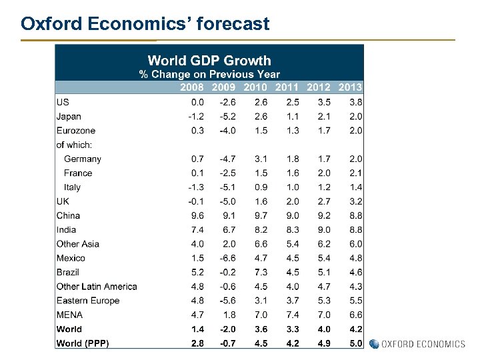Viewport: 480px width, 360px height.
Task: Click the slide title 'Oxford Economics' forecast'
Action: [145, 24]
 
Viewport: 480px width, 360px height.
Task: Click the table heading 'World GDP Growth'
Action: [209, 61]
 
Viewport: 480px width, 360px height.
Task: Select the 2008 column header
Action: [192, 87]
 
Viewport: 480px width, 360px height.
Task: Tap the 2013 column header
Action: [350, 87]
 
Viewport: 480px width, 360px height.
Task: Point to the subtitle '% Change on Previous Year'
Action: [209, 74]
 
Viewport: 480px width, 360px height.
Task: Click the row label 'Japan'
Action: [69, 116]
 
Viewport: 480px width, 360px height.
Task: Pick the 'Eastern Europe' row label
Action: [88, 300]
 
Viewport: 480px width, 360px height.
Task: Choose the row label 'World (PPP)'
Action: [83, 343]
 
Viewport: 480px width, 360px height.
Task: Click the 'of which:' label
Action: [74, 145]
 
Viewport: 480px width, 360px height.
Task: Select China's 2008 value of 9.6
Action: [197, 215]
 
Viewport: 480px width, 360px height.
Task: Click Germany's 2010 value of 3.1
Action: [261, 159]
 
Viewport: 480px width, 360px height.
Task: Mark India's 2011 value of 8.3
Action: [292, 229]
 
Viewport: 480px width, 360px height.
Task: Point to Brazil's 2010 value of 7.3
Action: [261, 272]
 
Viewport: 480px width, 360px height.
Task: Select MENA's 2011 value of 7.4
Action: [292, 315]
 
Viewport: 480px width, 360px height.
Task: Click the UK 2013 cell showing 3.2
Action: [355, 201]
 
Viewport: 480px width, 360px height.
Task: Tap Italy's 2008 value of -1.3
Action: [195, 187]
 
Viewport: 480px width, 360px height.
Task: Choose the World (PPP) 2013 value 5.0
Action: [355, 343]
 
